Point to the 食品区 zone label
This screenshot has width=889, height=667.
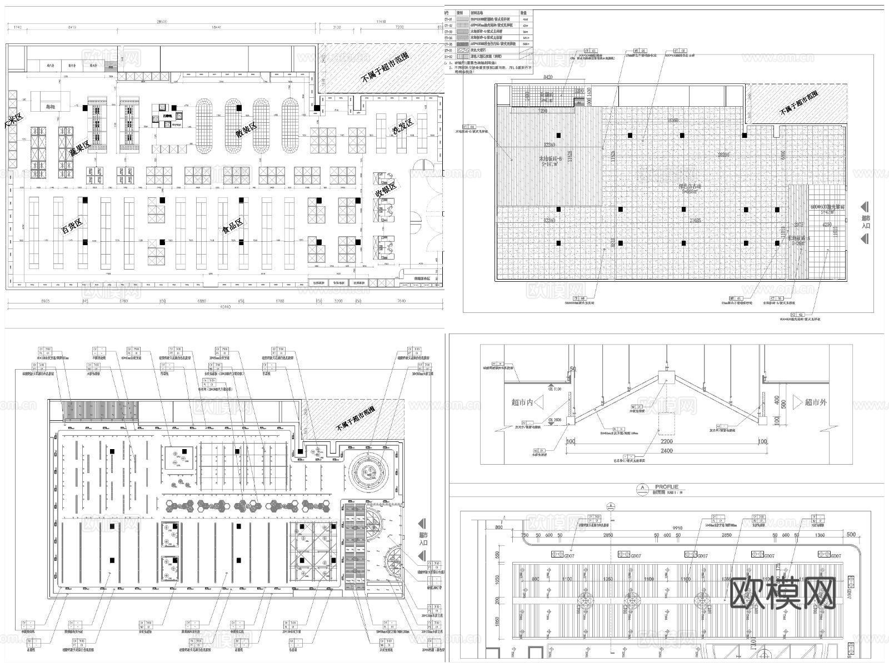pyautogui.click(x=233, y=225)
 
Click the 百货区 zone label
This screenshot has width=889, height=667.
pyautogui.click(x=72, y=226)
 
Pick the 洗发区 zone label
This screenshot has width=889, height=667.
pyautogui.click(x=402, y=127)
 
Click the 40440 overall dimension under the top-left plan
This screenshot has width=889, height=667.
pyautogui.click(x=224, y=307)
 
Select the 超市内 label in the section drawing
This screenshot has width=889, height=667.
pyautogui.click(x=522, y=402)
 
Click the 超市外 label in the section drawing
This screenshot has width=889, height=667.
pyautogui.click(x=816, y=402)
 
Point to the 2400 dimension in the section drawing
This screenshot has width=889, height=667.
pyautogui.click(x=666, y=451)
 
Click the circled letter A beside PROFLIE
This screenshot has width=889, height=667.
pyautogui.click(x=643, y=489)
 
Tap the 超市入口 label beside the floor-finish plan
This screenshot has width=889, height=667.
pyautogui.click(x=866, y=222)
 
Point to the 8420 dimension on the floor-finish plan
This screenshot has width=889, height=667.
pyautogui.click(x=547, y=77)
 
